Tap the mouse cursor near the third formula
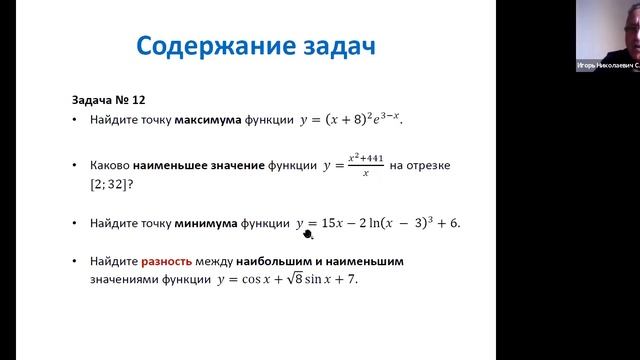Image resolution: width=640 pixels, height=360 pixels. (308, 235)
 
